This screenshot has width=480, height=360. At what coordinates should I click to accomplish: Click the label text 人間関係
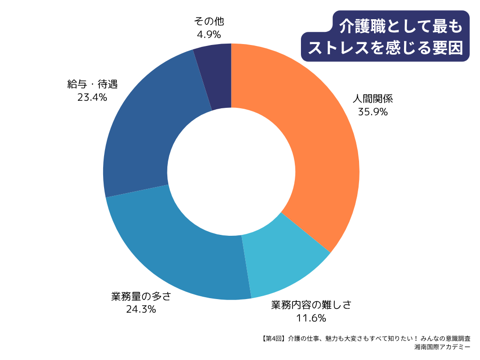coord(373,99)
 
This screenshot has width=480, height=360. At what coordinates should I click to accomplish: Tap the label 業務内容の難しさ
coord(311,305)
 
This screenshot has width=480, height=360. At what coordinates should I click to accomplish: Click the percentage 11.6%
coord(311,318)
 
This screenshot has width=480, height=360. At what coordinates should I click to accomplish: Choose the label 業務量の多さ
coord(141,296)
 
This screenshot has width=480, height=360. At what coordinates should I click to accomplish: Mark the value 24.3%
coord(141,309)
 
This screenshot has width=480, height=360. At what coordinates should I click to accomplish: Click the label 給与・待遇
coord(92,84)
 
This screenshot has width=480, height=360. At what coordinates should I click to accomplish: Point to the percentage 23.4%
coord(92,97)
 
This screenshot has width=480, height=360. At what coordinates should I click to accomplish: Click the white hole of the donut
coord(231,172)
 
